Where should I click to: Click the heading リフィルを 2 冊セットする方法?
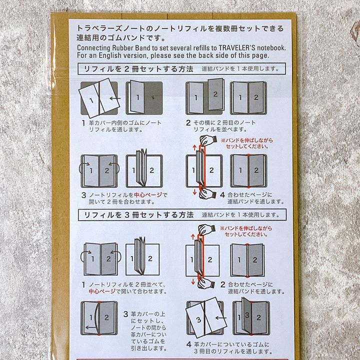point(138,69)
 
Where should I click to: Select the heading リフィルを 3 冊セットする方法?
point(139,215)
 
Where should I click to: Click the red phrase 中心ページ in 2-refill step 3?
point(148,195)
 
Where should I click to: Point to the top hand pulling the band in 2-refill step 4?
point(208,140)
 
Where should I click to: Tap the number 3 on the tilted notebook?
point(199,319)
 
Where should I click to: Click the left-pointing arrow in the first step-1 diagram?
point(115,98)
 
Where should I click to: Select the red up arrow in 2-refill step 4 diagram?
point(194,147)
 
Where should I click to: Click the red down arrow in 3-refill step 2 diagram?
point(193,281)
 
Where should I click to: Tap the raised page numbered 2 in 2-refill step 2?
point(215,94)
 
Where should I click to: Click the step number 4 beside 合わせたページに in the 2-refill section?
point(222,195)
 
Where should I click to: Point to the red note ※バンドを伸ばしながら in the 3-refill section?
point(246,228)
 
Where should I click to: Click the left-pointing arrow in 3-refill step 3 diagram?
point(90,327)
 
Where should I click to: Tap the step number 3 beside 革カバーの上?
point(125,314)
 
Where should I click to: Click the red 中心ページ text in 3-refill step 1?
point(102,291)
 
